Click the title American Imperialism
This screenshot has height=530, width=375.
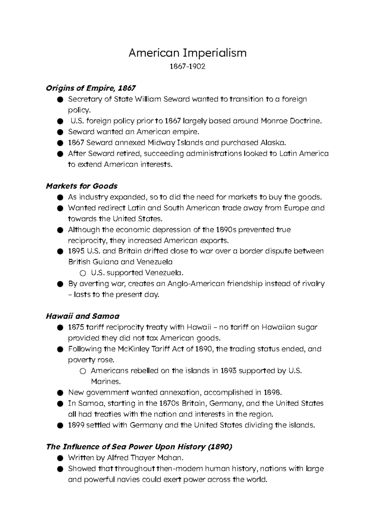pyautogui.click(x=187, y=53)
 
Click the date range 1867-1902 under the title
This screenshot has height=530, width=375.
pyautogui.click(x=187, y=66)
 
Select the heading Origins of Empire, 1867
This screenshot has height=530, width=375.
pyautogui.click(x=91, y=88)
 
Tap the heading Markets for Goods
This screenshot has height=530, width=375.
pyautogui.click(x=82, y=186)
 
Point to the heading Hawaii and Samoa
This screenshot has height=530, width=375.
pyautogui.click(x=82, y=316)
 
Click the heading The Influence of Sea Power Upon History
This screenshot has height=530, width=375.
pyautogui.click(x=139, y=447)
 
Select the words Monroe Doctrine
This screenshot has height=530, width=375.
pyautogui.click(x=291, y=121)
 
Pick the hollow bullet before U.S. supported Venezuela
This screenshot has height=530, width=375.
pyautogui.click(x=82, y=273)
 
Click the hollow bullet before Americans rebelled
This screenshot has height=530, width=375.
pyautogui.click(x=82, y=371)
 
